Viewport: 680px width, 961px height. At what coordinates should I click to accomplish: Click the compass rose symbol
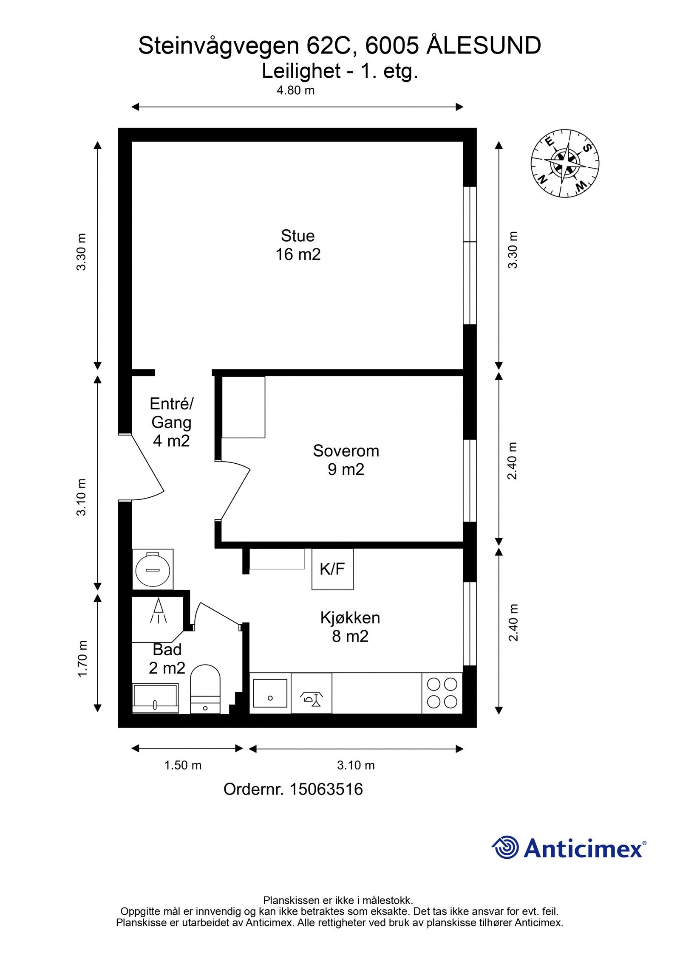click(x=565, y=163)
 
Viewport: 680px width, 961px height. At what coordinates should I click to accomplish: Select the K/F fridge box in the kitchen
click(x=332, y=569)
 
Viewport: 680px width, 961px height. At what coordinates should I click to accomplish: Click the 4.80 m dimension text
click(x=295, y=90)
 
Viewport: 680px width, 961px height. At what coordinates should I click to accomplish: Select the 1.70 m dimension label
click(x=82, y=659)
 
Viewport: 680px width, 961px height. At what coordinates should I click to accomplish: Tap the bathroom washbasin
click(x=155, y=698)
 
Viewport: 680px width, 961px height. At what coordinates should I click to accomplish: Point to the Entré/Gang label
click(x=171, y=422)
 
